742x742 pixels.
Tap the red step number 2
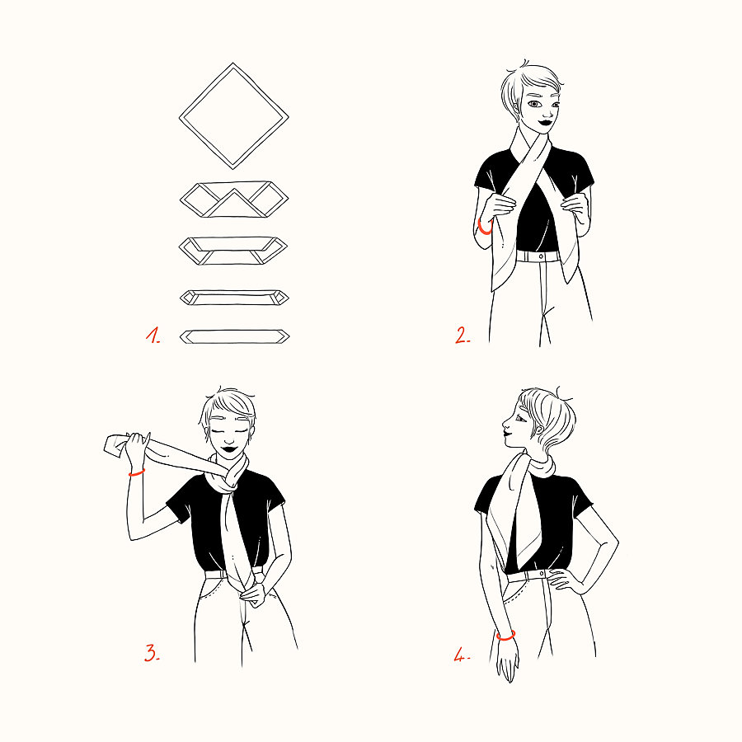[463, 335]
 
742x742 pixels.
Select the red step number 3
[152, 653]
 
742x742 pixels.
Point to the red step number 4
[462, 655]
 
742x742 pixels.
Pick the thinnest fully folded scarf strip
[234, 336]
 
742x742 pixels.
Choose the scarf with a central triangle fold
[234, 200]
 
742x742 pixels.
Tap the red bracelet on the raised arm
[137, 472]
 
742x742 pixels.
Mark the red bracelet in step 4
[506, 636]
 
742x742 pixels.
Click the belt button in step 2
[541, 256]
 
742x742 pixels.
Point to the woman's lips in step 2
[545, 122]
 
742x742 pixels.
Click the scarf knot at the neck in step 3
[232, 477]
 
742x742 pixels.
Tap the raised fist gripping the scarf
[135, 446]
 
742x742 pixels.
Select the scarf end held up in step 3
[115, 445]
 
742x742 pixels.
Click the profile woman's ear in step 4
[538, 430]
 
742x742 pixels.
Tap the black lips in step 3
[229, 448]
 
